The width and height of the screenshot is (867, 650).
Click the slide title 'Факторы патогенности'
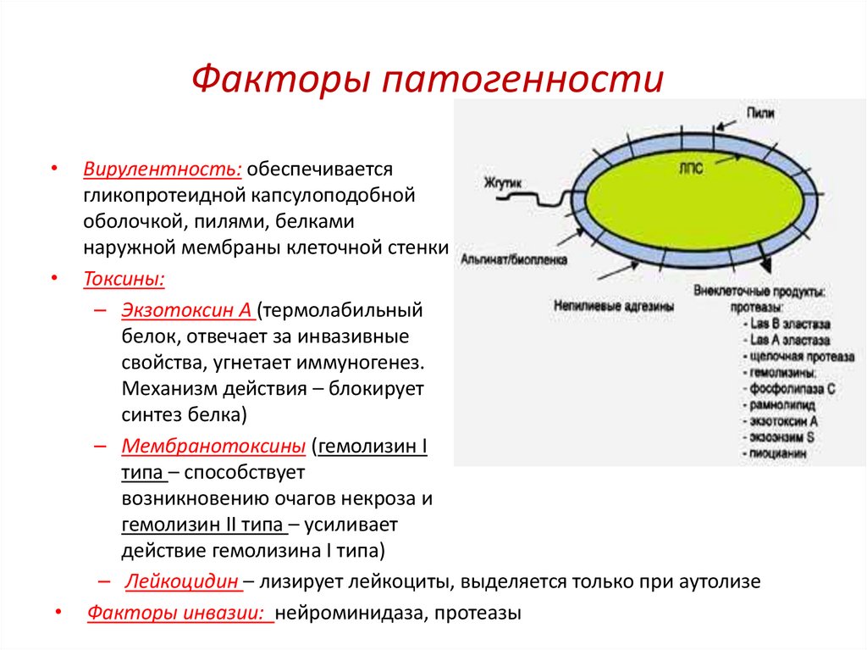point(427,80)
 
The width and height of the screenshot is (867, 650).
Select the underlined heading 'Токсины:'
point(124,279)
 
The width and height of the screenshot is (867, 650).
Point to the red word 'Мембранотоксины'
point(213,446)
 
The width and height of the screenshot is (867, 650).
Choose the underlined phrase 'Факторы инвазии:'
point(179,613)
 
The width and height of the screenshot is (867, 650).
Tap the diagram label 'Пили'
point(759,113)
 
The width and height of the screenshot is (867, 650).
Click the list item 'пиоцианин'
point(779,453)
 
